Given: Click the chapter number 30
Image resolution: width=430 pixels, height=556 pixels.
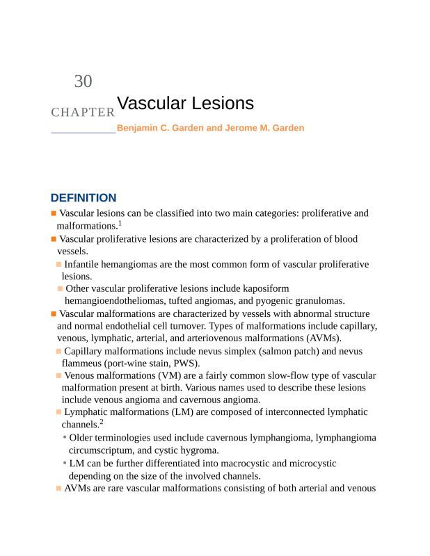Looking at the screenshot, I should (x=83, y=81).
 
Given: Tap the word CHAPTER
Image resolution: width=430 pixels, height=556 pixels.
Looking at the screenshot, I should (x=83, y=112).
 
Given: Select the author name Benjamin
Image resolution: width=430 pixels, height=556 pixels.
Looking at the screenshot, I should (x=138, y=129).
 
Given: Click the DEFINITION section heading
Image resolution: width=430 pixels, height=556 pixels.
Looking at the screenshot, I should (x=83, y=198).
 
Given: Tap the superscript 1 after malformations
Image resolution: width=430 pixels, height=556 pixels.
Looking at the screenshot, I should (x=120, y=223).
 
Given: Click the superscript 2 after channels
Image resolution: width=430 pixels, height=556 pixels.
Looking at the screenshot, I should (x=101, y=421).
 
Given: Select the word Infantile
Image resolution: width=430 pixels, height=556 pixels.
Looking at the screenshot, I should (x=84, y=264).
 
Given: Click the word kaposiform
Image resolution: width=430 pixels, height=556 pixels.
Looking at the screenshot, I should (x=264, y=288).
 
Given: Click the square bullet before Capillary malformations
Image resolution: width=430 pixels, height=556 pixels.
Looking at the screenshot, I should (x=58, y=352).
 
